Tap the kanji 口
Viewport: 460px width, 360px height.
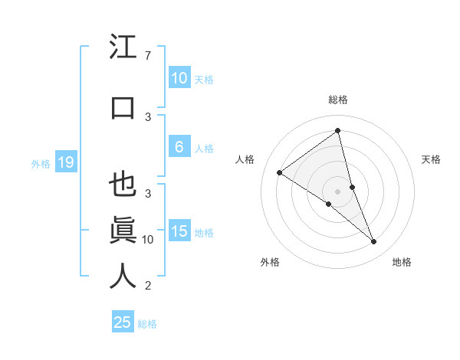(x=123, y=107)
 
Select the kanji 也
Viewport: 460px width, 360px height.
(x=123, y=185)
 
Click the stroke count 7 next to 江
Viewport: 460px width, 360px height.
(x=147, y=56)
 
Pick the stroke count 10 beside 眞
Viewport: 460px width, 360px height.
(x=149, y=239)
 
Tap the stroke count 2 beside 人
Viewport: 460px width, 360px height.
(x=147, y=286)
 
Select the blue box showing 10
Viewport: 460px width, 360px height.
(x=179, y=77)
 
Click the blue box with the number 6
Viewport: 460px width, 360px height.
(x=179, y=147)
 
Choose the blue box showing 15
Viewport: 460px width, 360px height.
(x=179, y=232)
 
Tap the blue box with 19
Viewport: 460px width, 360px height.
(x=65, y=162)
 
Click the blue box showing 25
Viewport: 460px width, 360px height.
(x=122, y=322)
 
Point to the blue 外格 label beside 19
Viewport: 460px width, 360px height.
(x=41, y=163)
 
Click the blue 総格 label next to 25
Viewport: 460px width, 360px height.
(x=147, y=324)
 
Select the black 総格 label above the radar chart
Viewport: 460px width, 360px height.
(x=337, y=100)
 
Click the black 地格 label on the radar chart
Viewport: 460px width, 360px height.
(x=402, y=262)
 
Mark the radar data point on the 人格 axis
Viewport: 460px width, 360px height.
(x=279, y=172)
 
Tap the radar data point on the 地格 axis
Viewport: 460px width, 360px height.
(x=374, y=242)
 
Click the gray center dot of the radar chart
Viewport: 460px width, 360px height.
(x=337, y=191)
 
